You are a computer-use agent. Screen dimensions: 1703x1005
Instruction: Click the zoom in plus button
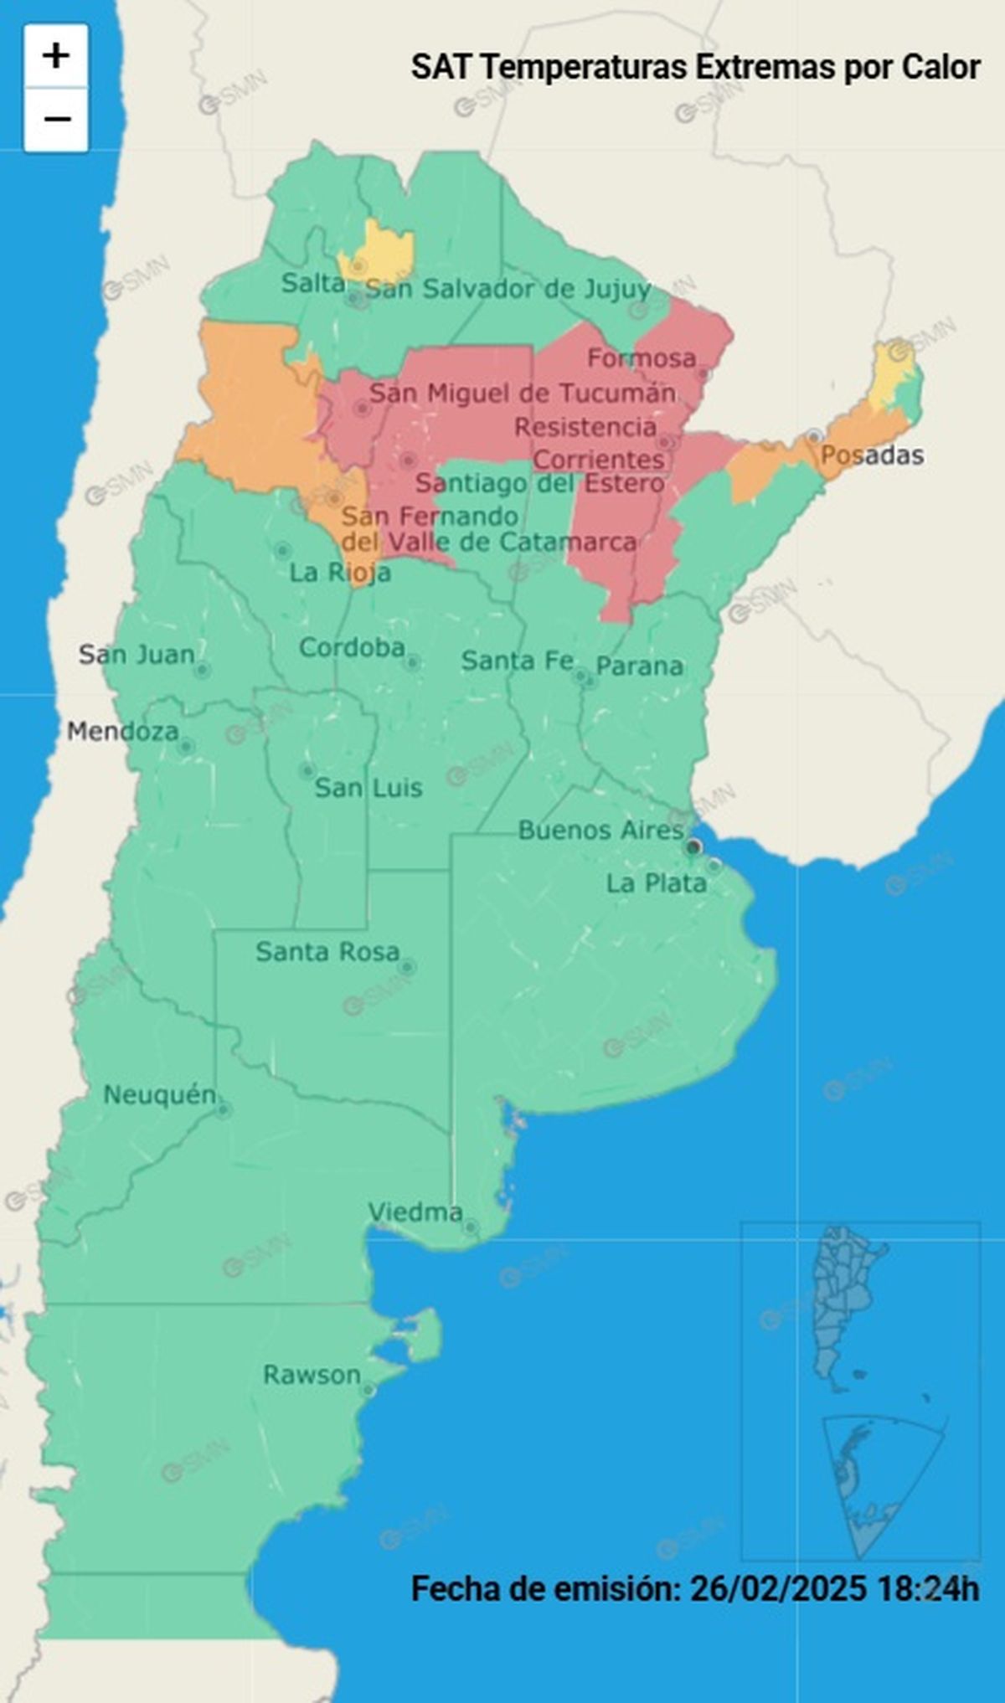[x=55, y=56]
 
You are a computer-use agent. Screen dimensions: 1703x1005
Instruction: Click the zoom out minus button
[x=55, y=120]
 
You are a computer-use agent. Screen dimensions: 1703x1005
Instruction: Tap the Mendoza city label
[x=122, y=732]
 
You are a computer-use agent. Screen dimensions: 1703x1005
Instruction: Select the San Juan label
[x=137, y=655]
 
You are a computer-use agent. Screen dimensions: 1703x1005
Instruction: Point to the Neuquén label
[x=159, y=1094]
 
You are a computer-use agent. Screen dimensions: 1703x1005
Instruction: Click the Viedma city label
[x=415, y=1212]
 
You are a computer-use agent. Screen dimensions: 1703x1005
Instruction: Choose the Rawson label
[x=312, y=1375]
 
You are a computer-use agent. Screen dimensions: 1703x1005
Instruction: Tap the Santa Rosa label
[x=327, y=952]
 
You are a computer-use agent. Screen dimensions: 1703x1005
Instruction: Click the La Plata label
[x=656, y=883]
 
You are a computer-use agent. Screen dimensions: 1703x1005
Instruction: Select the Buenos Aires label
[x=600, y=831]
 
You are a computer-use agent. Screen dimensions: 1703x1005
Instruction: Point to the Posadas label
[x=872, y=455]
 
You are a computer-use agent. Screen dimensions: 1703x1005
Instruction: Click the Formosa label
[x=642, y=358]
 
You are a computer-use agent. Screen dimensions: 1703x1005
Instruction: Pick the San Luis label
[x=368, y=788]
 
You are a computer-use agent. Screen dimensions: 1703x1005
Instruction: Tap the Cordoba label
[x=352, y=647]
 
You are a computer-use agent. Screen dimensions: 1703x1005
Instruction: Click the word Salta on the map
[x=312, y=284]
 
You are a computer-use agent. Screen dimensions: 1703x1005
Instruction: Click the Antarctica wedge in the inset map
[x=871, y=1474]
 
